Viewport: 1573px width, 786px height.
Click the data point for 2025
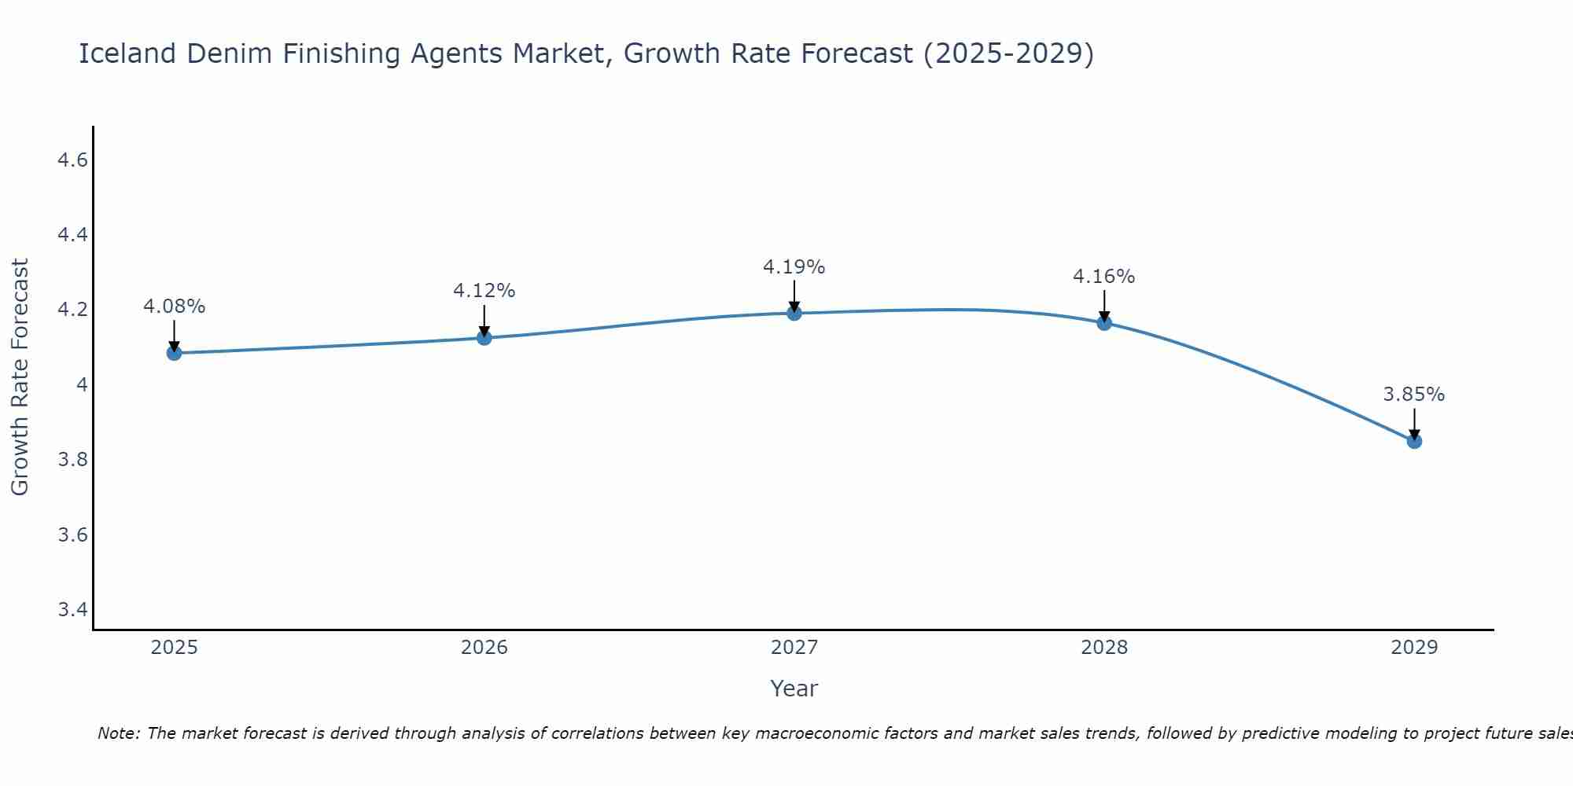click(x=174, y=353)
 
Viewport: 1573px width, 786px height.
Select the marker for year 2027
click(x=794, y=313)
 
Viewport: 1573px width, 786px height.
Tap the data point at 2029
click(x=1414, y=441)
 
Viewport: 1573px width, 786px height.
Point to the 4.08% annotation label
click(x=174, y=307)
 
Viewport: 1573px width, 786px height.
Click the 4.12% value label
click(x=484, y=291)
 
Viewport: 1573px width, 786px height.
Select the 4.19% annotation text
click(x=794, y=267)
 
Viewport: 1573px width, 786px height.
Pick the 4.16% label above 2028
click(x=1103, y=277)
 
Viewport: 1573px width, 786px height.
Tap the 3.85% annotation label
click(x=1413, y=395)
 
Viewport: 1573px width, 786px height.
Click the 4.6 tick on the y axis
click(x=72, y=160)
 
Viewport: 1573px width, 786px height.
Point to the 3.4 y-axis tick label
click(x=72, y=610)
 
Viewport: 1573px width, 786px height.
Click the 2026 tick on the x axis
click(x=484, y=648)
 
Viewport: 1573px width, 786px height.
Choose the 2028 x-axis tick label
click(x=1103, y=648)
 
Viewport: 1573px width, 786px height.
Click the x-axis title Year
click(x=794, y=689)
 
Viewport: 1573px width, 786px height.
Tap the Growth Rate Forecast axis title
click(x=20, y=377)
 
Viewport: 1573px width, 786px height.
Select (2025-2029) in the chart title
click(x=1008, y=53)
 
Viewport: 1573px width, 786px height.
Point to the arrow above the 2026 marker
click(x=484, y=319)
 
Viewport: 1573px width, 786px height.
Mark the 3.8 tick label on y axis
click(x=72, y=460)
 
